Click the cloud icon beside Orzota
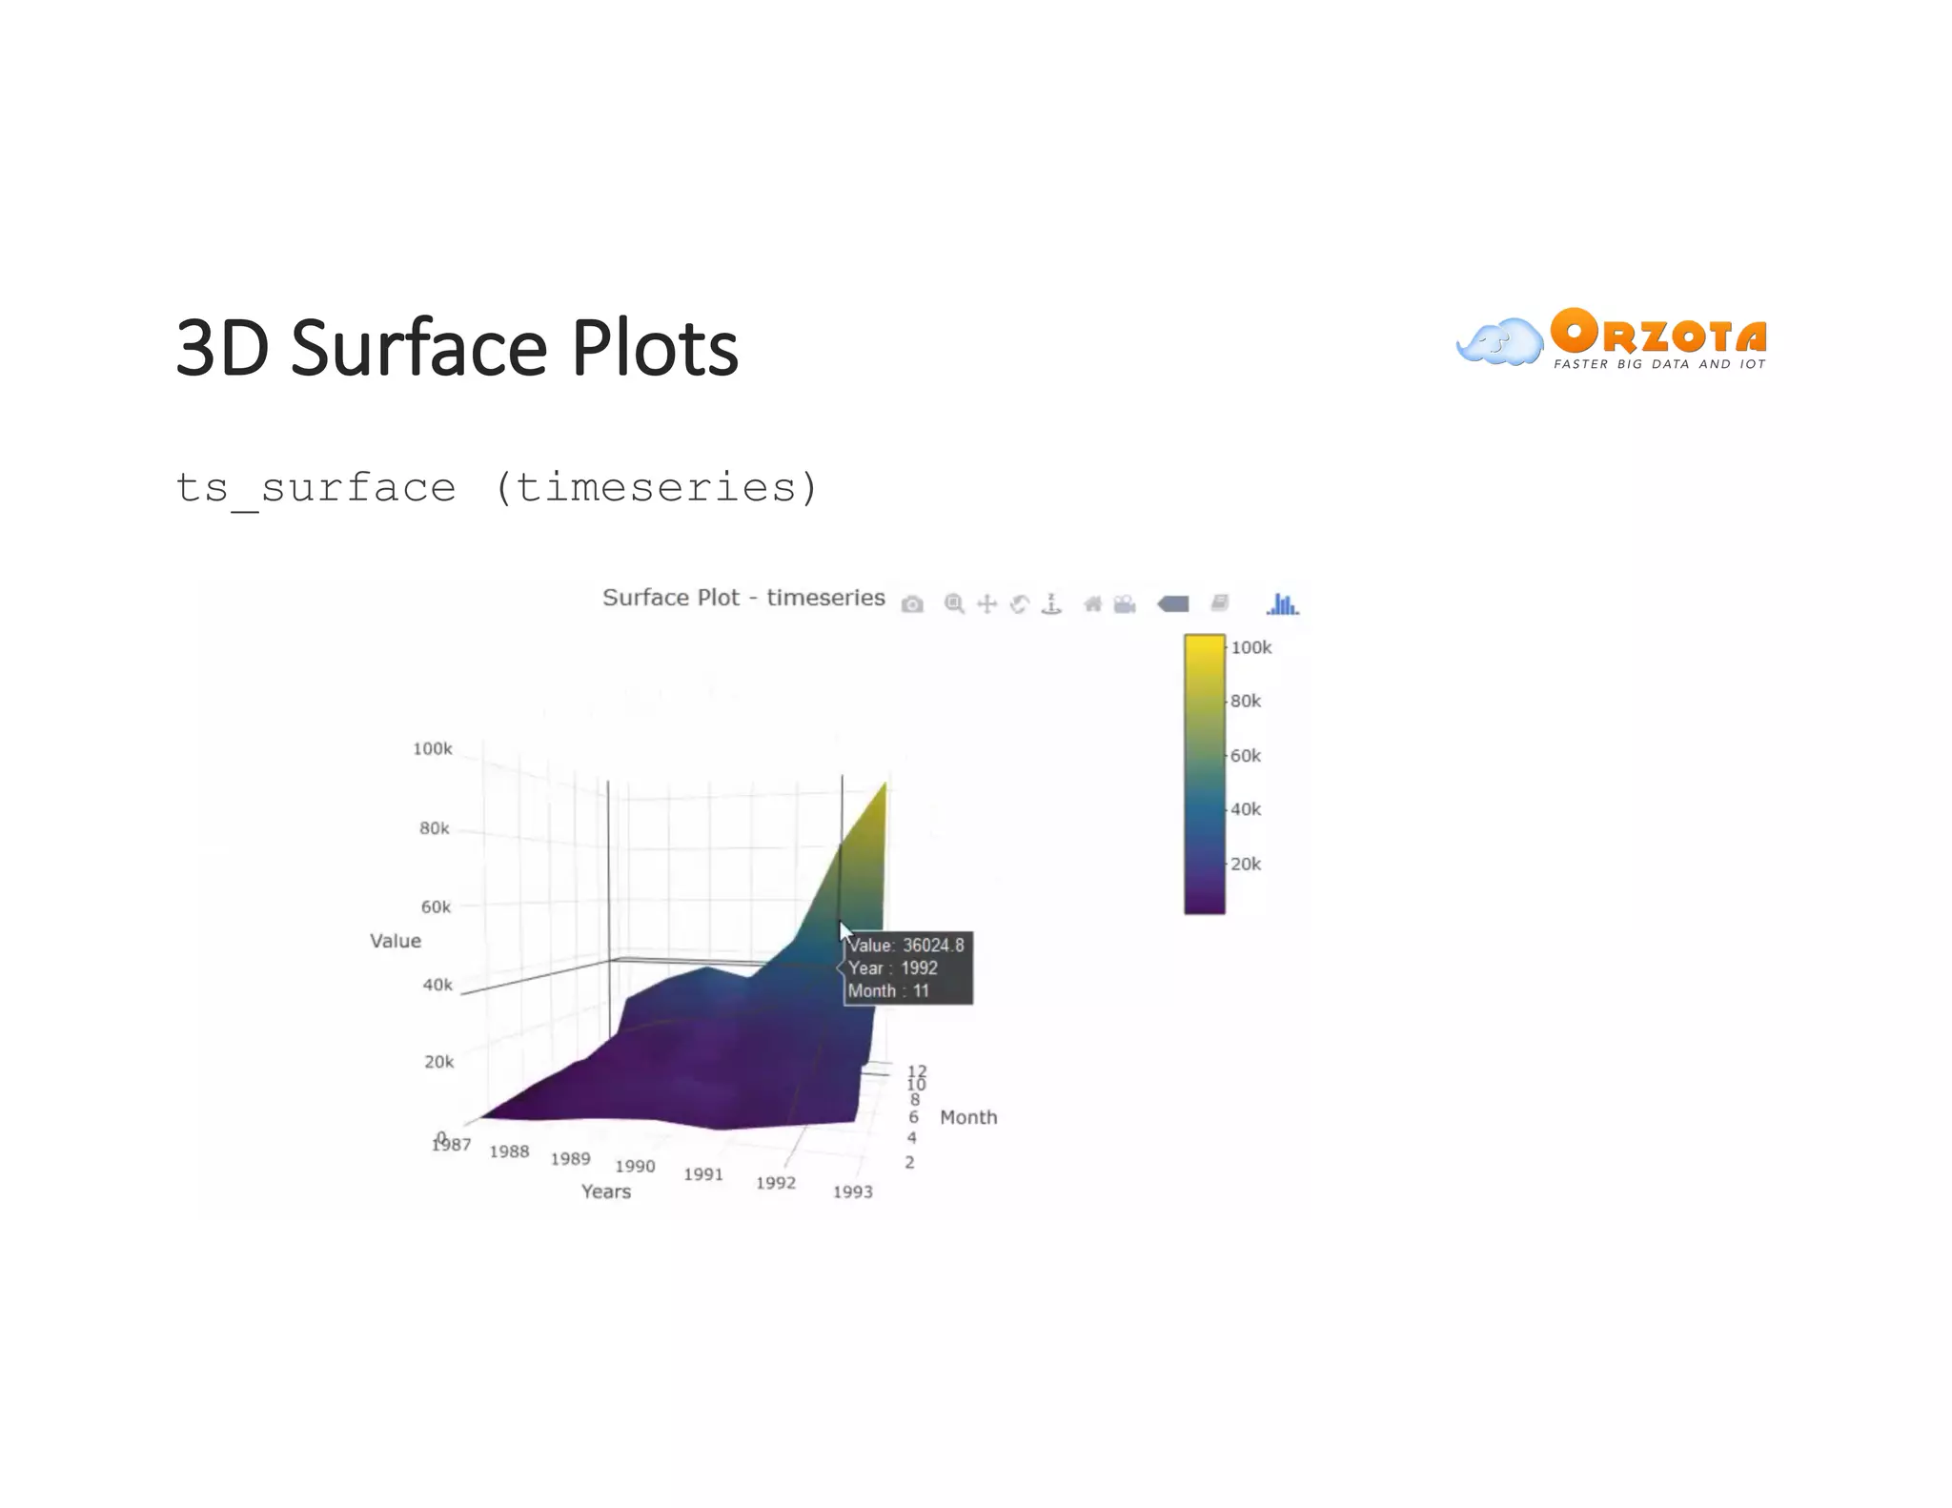[1499, 342]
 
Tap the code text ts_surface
[315, 488]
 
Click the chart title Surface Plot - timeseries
[743, 598]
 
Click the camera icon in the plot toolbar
[912, 604]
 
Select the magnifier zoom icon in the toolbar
[953, 603]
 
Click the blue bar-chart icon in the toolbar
[1282, 604]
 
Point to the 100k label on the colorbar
[1250, 648]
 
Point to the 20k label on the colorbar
[1245, 865]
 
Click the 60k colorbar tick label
[1245, 756]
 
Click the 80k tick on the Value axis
[434, 828]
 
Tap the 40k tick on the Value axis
[437, 985]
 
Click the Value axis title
[395, 941]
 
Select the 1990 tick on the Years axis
[635, 1166]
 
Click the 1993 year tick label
[852, 1192]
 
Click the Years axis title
[606, 1192]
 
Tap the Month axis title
[968, 1117]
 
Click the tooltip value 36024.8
[933, 946]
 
